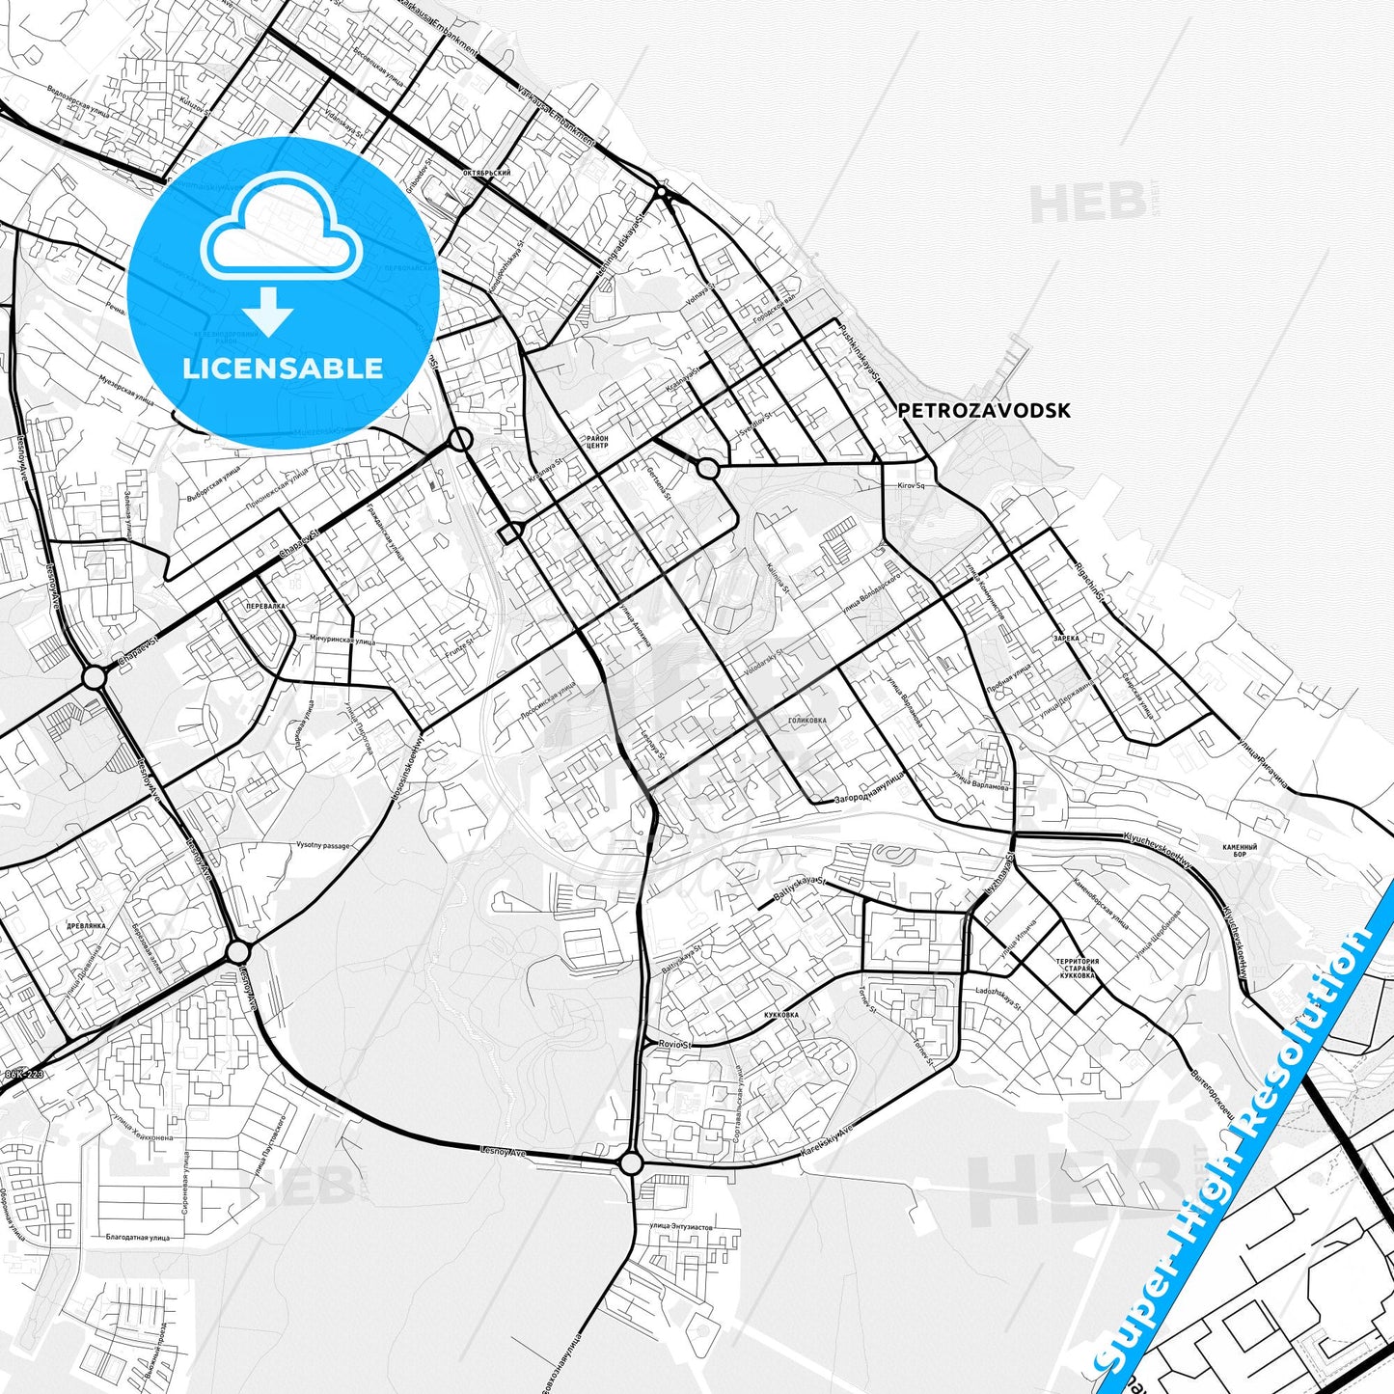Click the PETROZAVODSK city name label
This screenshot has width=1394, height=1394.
[x=983, y=410]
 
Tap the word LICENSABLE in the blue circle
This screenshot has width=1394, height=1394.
[x=283, y=368]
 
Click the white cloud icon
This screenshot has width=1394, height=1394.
[x=281, y=232]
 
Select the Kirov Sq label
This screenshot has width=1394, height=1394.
[x=911, y=486]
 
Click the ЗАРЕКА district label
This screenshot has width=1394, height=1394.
[x=1066, y=638]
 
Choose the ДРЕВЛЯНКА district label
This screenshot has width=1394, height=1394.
[x=87, y=924]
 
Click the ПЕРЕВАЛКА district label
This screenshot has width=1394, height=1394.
[x=265, y=606]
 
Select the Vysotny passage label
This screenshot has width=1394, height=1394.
[x=323, y=846]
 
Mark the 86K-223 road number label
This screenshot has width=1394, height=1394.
[x=24, y=1074]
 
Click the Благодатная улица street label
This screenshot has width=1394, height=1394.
[x=138, y=1237]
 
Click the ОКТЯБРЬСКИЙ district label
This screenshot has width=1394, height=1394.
[x=487, y=173]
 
